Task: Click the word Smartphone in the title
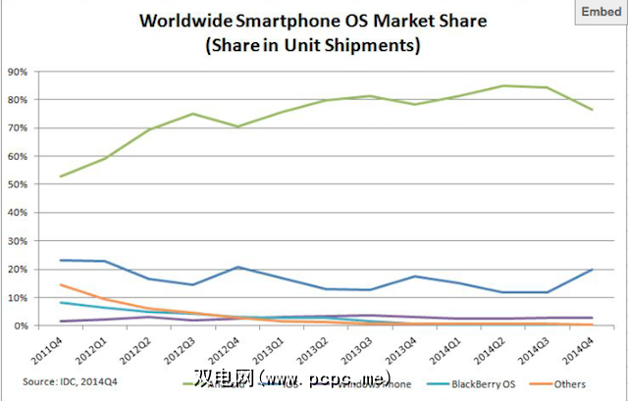(x=286, y=21)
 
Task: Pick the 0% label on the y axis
(x=21, y=326)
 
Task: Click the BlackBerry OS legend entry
(x=470, y=386)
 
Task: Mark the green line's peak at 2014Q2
(x=503, y=86)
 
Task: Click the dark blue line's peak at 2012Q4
(x=237, y=267)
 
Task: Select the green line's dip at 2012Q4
(x=237, y=126)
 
